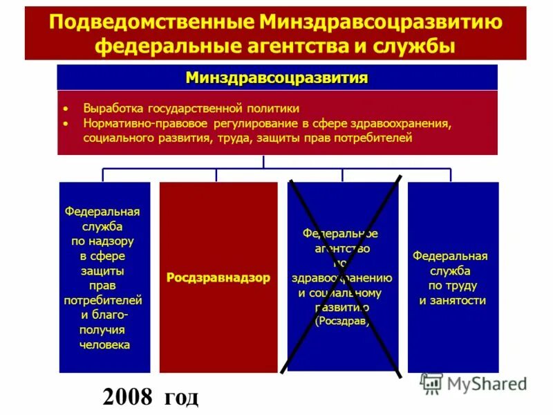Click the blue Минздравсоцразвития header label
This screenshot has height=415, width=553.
(x=276, y=77)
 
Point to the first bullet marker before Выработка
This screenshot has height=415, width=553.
(x=66, y=109)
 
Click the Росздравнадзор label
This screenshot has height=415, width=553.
(x=218, y=277)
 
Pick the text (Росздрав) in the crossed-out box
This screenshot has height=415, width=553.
(x=342, y=322)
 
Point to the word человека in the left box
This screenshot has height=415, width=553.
(x=104, y=344)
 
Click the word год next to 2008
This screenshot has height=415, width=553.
(x=181, y=397)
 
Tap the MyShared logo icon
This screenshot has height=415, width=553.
(x=431, y=384)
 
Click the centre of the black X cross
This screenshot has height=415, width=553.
(x=344, y=277)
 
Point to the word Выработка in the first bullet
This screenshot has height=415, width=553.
(x=111, y=109)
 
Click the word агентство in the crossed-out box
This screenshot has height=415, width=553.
(x=342, y=248)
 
